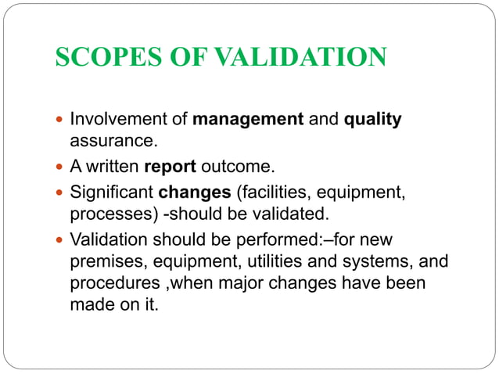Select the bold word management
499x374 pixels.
click(248, 120)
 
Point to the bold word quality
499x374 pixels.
click(373, 120)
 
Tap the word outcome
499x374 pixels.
click(233, 167)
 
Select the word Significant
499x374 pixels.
click(112, 192)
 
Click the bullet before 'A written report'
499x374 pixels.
click(61, 167)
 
